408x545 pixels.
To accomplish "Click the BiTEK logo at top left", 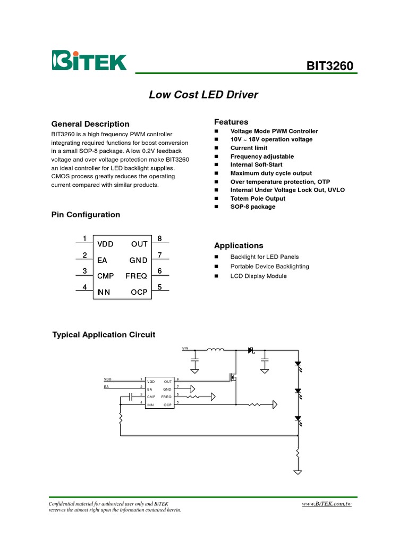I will (89, 60).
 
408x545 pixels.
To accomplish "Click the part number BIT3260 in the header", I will (329, 66).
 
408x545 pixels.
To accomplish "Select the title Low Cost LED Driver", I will (203, 95).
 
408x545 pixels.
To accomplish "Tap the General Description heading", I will (90, 124).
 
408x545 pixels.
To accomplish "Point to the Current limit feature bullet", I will (249, 148).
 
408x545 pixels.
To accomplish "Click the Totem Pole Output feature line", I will (258, 199).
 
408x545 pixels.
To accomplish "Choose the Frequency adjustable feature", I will (262, 156).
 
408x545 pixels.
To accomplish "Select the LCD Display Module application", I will (258, 276).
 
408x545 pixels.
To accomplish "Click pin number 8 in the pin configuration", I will (159, 238).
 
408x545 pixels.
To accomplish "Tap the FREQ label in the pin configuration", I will (137, 276).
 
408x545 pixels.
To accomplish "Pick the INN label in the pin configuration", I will (104, 292).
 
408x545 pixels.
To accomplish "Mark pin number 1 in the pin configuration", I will (84, 238).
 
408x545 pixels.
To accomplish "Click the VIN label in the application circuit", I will (185, 348).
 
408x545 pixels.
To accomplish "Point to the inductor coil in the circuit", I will (215, 350).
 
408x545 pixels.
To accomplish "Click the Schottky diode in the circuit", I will (251, 350).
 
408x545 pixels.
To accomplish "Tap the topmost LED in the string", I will (298, 365).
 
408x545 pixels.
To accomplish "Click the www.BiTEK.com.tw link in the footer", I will (327, 503).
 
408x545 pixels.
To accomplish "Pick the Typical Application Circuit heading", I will (104, 335).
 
